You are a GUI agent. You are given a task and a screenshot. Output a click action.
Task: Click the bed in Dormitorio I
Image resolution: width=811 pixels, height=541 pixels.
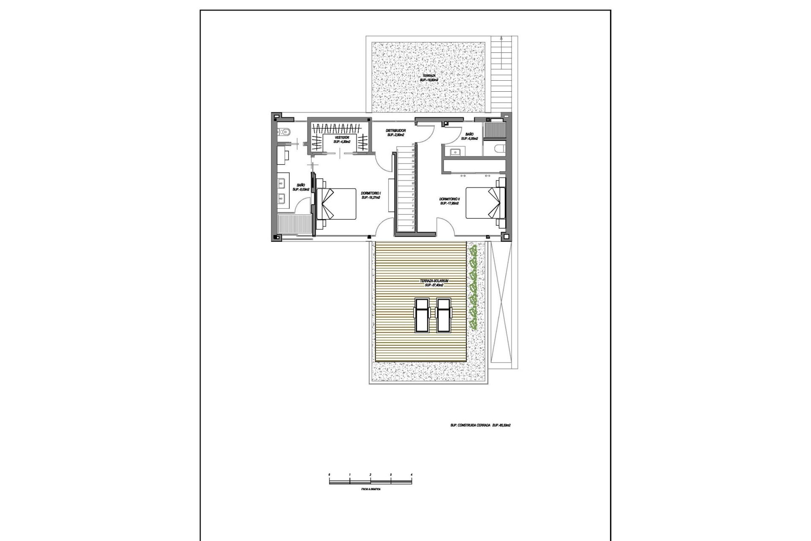336,204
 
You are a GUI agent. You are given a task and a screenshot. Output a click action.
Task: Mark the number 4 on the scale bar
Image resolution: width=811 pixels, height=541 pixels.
411,475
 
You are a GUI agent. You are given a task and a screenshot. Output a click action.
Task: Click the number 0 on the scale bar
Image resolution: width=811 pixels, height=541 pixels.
329,475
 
